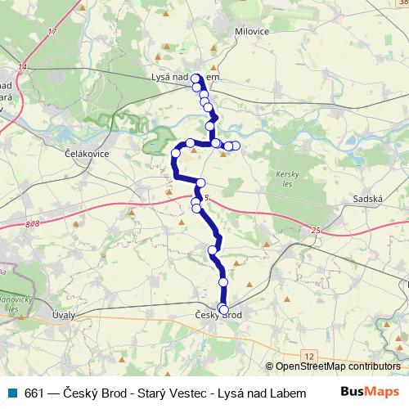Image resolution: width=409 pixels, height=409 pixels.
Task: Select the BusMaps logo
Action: tap(368, 392)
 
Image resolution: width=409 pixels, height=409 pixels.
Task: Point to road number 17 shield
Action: tap(52, 32)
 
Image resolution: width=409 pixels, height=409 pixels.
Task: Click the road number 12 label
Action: tap(308, 357)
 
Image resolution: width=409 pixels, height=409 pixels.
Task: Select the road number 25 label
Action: tap(316, 232)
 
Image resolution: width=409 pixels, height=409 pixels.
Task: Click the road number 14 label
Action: tap(22, 65)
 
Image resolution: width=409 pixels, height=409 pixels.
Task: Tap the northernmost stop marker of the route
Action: tap(196, 79)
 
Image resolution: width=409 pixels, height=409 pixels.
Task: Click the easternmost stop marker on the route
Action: tap(236, 146)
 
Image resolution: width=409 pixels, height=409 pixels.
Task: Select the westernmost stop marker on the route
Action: tap(175, 153)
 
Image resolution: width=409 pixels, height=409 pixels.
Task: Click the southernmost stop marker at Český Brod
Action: tap(223, 310)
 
